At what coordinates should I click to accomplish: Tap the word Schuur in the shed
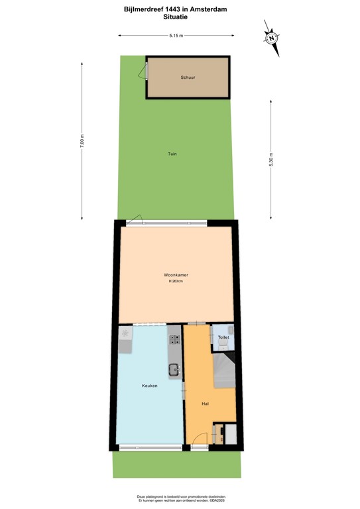188,78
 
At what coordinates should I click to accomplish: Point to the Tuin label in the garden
172,154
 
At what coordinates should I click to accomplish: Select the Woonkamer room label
176,274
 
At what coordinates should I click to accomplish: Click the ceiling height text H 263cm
176,282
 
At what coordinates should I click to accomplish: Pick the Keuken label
149,385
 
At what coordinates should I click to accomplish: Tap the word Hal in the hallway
206,403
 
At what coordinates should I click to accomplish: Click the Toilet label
223,337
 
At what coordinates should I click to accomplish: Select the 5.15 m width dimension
176,34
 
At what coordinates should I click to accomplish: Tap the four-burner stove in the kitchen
176,340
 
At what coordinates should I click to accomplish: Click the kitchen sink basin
173,370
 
